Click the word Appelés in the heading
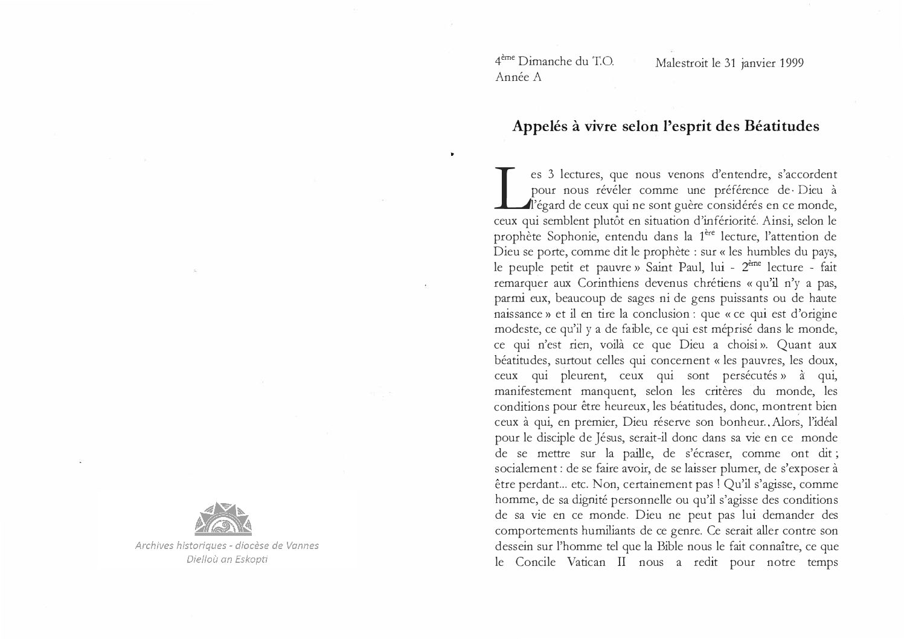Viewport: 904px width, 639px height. tap(538, 127)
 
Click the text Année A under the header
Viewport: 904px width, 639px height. tap(518, 77)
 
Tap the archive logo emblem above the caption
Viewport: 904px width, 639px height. tap(223, 519)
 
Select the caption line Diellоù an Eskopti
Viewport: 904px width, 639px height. tap(227, 559)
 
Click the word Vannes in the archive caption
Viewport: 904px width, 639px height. tap(302, 545)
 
